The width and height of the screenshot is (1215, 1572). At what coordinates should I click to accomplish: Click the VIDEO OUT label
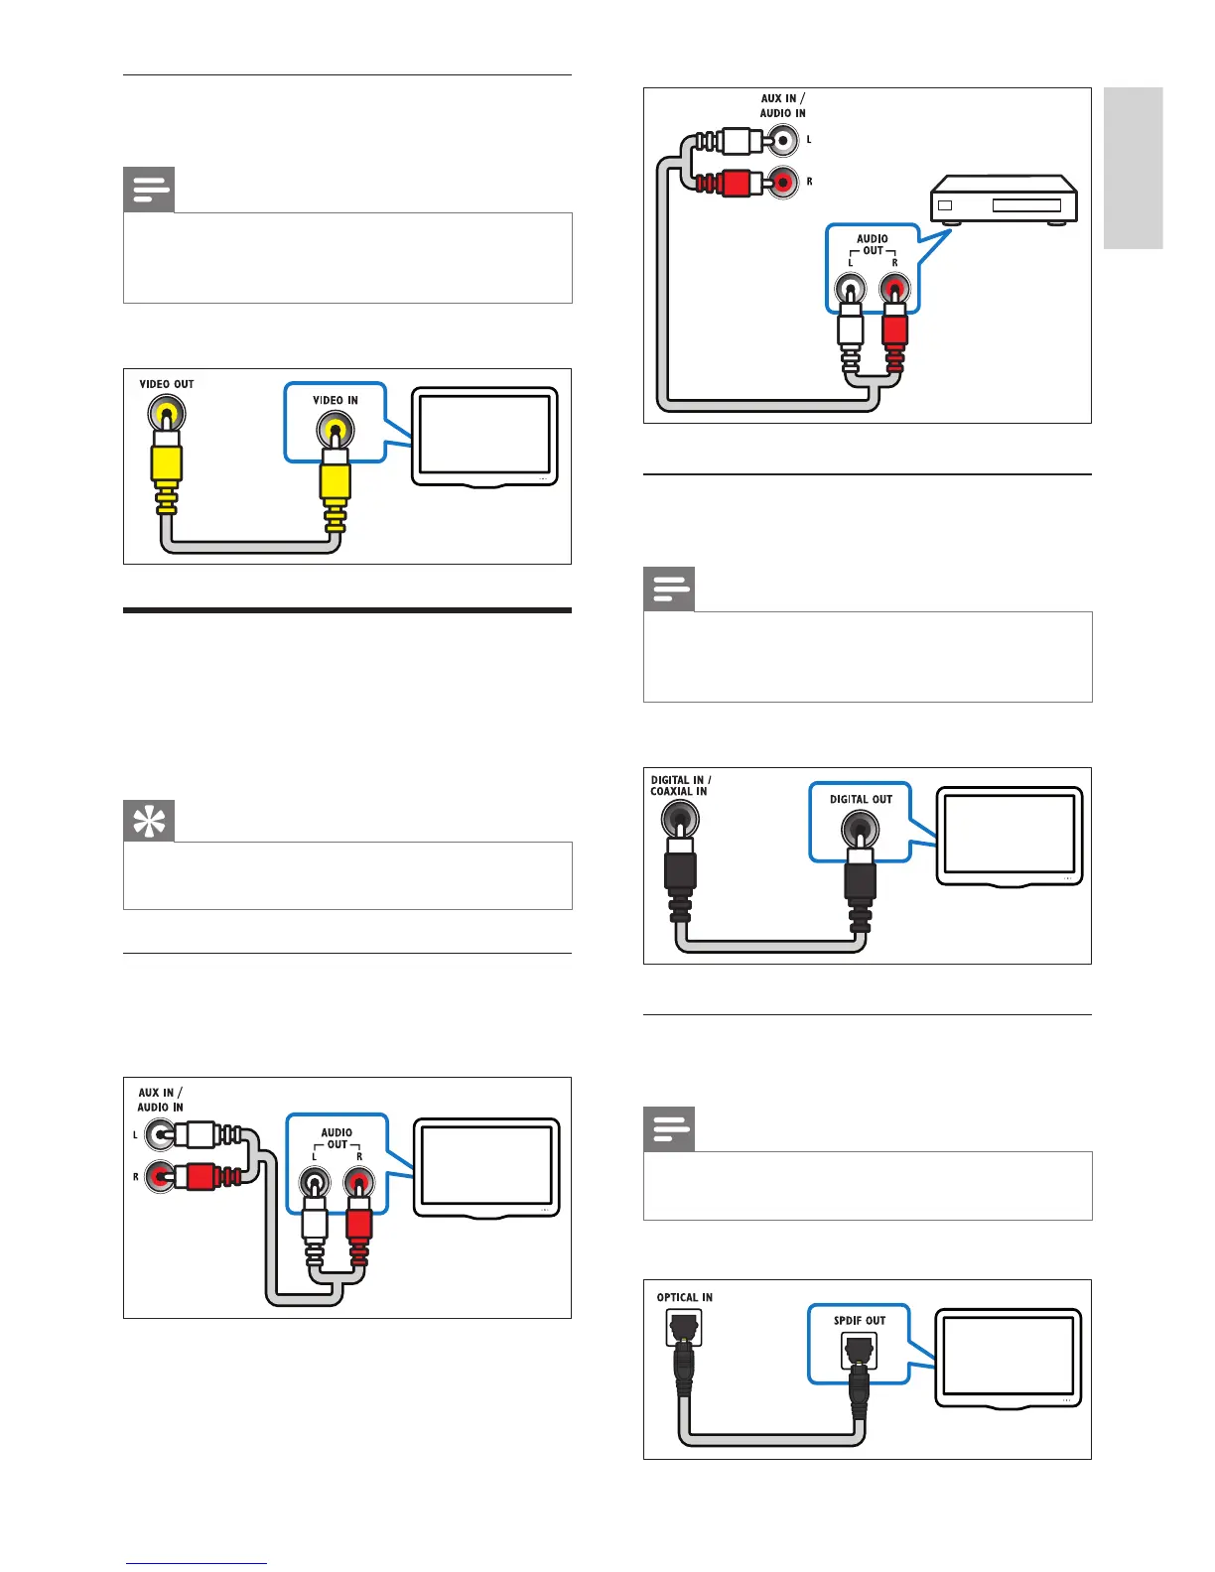coord(167,384)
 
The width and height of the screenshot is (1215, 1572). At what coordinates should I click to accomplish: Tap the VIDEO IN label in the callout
coord(336,400)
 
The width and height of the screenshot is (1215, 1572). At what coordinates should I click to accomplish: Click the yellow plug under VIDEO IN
coord(336,481)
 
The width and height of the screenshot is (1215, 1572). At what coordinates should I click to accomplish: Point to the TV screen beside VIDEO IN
coord(484,435)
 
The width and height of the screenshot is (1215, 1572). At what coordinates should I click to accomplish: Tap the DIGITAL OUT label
coord(861,799)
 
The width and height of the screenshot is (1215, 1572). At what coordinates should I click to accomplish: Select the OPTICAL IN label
coord(684,1297)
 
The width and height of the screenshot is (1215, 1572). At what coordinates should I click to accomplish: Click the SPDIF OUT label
coord(860,1320)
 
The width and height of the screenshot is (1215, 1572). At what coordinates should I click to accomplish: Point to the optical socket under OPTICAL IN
coord(684,1327)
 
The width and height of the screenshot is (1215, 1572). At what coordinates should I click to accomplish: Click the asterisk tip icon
coord(149,821)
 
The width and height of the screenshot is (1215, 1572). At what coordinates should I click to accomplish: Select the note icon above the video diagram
coord(149,190)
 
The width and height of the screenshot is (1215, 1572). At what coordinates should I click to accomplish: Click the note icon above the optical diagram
coord(669,1129)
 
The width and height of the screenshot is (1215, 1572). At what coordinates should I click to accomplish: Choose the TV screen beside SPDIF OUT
coord(1008,1356)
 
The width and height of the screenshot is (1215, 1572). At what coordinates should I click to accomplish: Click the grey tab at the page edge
coord(1133,168)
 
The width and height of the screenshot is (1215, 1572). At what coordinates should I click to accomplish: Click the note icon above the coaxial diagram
coord(669,589)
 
